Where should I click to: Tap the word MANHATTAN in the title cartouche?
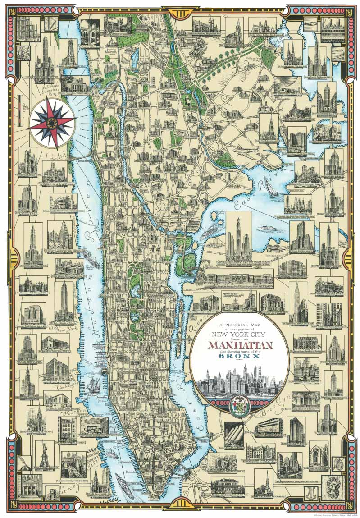tap(240, 346)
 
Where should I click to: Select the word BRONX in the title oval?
tap(240, 356)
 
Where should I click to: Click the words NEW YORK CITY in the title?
tap(240, 335)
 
